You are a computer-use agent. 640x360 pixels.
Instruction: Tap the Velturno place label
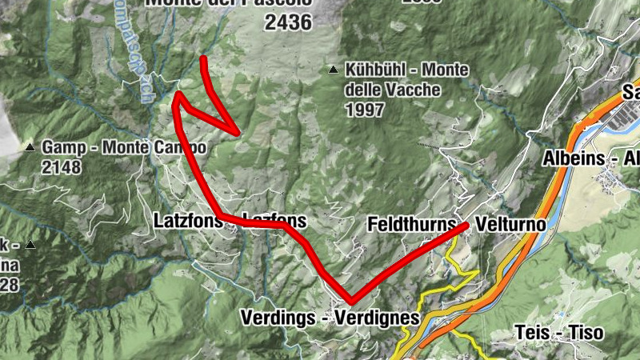[510, 224]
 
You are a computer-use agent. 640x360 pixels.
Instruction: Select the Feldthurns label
[410, 224]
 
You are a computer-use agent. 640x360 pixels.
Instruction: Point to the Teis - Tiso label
[560, 332]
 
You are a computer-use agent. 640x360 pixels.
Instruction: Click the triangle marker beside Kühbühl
[333, 70]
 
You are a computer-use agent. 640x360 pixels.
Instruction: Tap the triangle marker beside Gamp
[30, 148]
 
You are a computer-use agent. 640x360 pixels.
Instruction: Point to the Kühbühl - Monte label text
[407, 70]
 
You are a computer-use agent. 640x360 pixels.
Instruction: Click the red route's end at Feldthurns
[466, 226]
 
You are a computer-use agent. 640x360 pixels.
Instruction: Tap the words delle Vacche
[394, 90]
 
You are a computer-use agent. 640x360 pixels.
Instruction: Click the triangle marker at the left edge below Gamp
[30, 245]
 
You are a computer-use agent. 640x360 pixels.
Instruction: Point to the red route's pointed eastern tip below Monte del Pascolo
[238, 132]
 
